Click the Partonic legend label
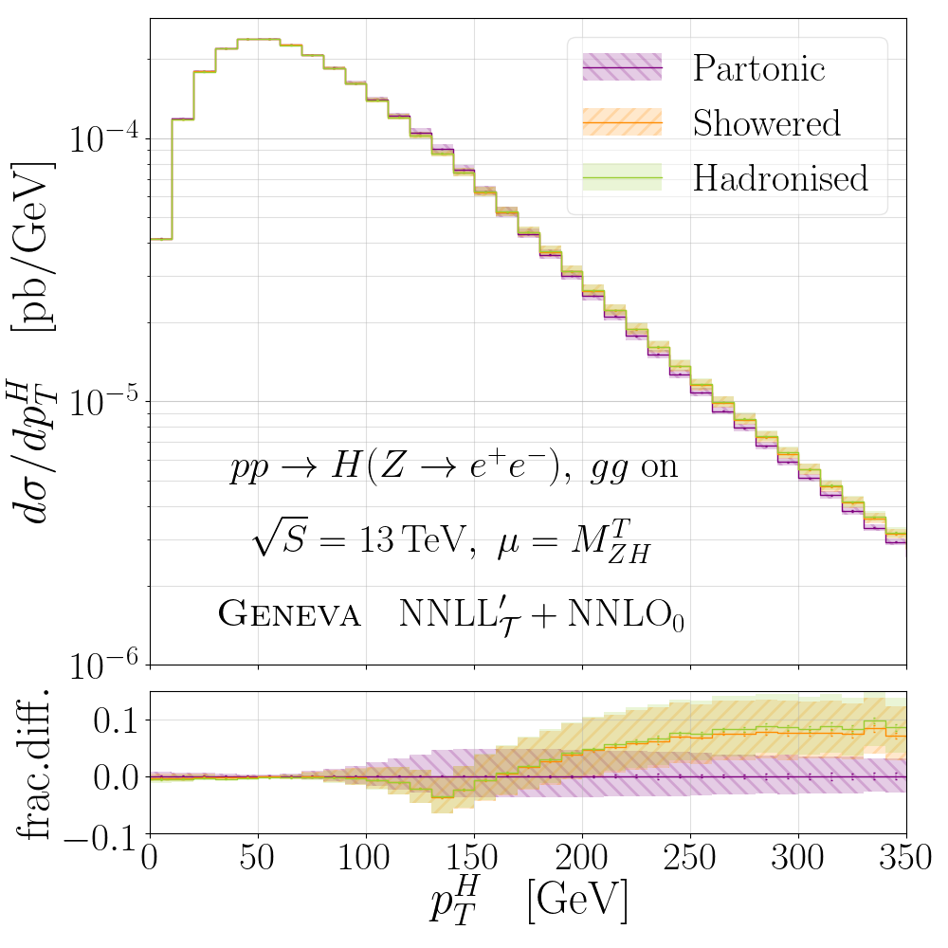click(759, 68)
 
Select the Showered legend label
click(766, 123)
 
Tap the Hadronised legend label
click(780, 178)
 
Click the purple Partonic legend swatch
click(622, 68)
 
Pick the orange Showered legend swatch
click(622, 123)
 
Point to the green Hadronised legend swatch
click(622, 178)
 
